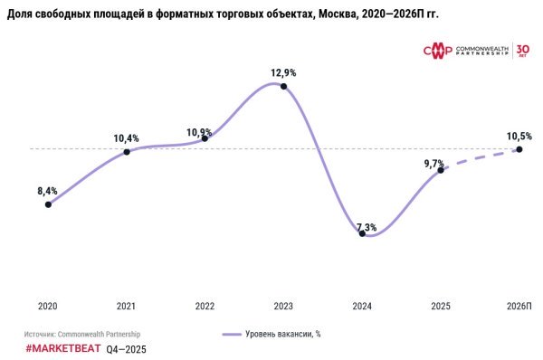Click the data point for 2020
point(47,204)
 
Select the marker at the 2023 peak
point(284,86)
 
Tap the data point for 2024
point(362,233)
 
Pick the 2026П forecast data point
point(519,149)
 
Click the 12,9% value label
point(283,71)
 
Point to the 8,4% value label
point(47,191)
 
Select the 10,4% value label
point(126,137)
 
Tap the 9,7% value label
point(435,163)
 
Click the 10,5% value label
point(519,136)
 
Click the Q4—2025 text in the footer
point(126,348)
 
